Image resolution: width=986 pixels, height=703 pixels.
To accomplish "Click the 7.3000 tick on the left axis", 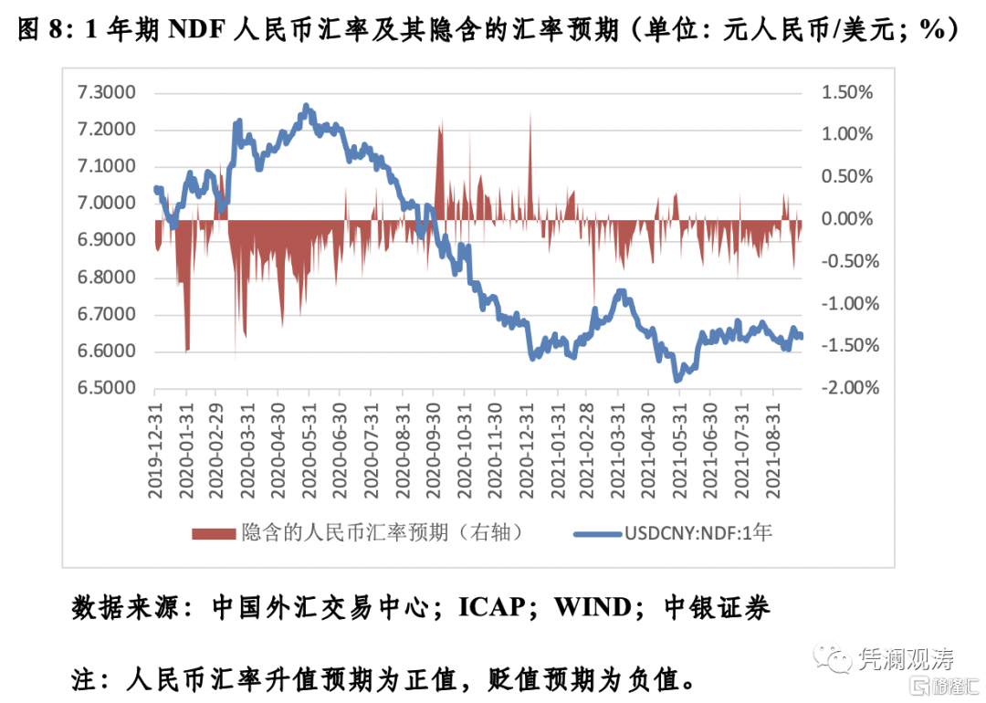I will pos(107,92).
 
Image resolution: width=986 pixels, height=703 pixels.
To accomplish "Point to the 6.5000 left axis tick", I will pos(107,388).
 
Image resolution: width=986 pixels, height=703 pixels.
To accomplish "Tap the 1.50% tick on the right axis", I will pos(848,92).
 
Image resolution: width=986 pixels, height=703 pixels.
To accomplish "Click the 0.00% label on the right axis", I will pos(848,219).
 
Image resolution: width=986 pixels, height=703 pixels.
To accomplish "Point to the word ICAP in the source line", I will pos(498,607).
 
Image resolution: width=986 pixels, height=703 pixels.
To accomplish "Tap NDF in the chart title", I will pos(200,30).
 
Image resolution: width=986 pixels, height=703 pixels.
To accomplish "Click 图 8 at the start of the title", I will pos(43,30).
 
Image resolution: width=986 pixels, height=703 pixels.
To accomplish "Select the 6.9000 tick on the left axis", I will pos(107,240).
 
